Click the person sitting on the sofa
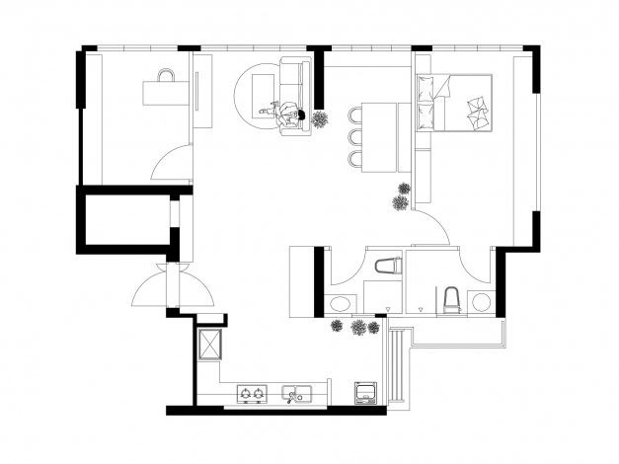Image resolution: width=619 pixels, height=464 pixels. coord(289,113)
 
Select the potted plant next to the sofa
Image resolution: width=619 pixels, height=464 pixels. coord(322,120)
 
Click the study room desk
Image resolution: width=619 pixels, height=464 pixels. coord(165,93)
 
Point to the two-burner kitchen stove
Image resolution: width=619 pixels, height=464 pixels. coord(250,395)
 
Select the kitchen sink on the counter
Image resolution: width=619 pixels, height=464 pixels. coord(295,395)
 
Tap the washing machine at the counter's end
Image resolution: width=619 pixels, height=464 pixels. coord(365,391)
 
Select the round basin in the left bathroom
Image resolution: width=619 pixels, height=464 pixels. coord(341,303)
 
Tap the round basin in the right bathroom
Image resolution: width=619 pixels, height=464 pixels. coord(482,301)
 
